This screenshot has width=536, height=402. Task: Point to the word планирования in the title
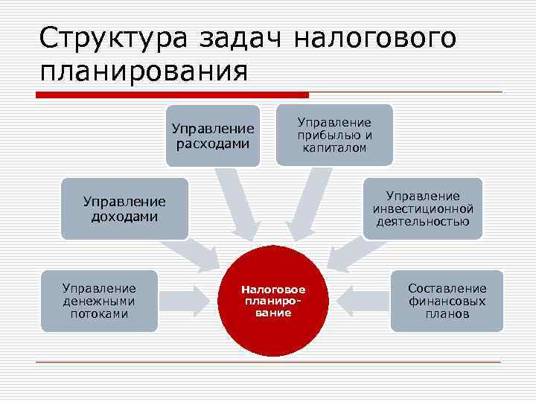pos(144,72)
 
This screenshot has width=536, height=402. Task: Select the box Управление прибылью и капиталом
pos(334,134)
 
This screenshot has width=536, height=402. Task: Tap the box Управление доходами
pos(124,208)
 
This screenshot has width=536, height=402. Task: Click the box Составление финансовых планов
pos(447,300)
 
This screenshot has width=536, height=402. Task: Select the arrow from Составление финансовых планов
pos(360,301)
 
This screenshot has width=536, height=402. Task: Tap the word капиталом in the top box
pos(334,148)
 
